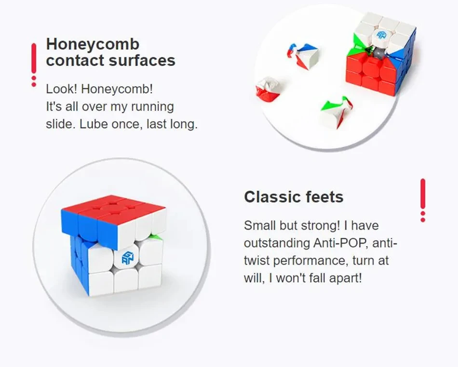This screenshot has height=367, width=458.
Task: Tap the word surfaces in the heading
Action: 142,60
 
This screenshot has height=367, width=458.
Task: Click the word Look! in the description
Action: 61,89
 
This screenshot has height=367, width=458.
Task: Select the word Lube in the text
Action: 94,124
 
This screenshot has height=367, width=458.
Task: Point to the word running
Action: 152,107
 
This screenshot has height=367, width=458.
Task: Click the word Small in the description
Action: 260,225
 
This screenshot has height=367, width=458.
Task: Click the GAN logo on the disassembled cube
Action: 381,35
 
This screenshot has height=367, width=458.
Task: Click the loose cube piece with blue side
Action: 303,56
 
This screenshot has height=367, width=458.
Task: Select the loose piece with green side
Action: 337,111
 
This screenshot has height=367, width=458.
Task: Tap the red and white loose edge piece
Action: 268,89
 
